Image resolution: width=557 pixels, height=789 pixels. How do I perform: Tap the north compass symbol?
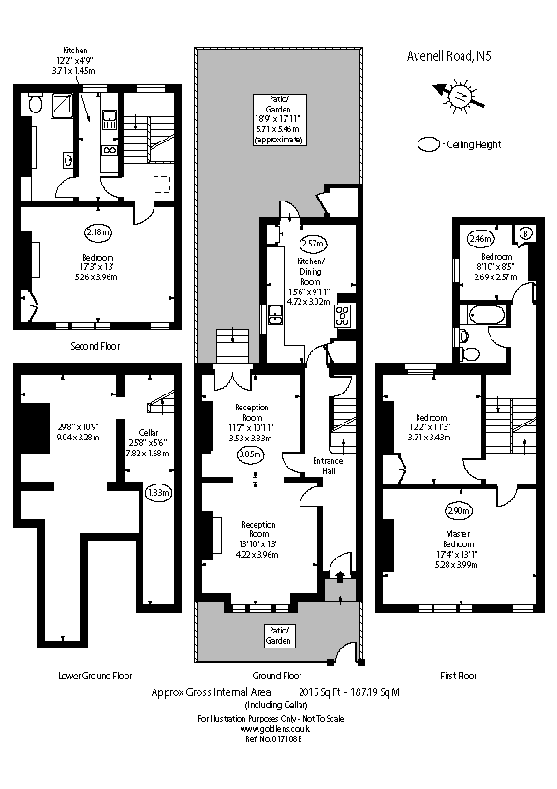(459, 96)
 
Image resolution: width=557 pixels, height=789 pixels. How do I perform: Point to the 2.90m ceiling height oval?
(458, 512)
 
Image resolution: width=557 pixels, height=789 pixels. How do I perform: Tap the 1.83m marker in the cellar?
(157, 492)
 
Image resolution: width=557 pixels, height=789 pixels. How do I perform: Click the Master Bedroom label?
(459, 539)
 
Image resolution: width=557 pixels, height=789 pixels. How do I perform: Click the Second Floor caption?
(95, 346)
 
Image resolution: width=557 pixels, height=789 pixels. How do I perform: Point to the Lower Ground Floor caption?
(95, 675)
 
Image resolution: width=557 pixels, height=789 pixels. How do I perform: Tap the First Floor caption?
(458, 675)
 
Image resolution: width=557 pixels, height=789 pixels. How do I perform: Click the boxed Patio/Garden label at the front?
(278, 635)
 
